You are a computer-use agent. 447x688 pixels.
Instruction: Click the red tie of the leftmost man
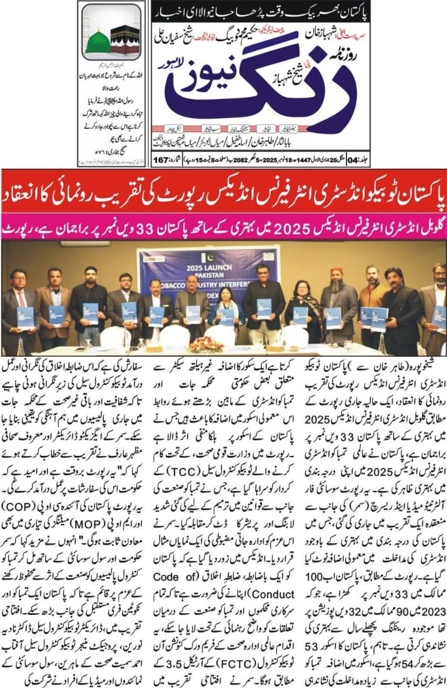click(x=22, y=298)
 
